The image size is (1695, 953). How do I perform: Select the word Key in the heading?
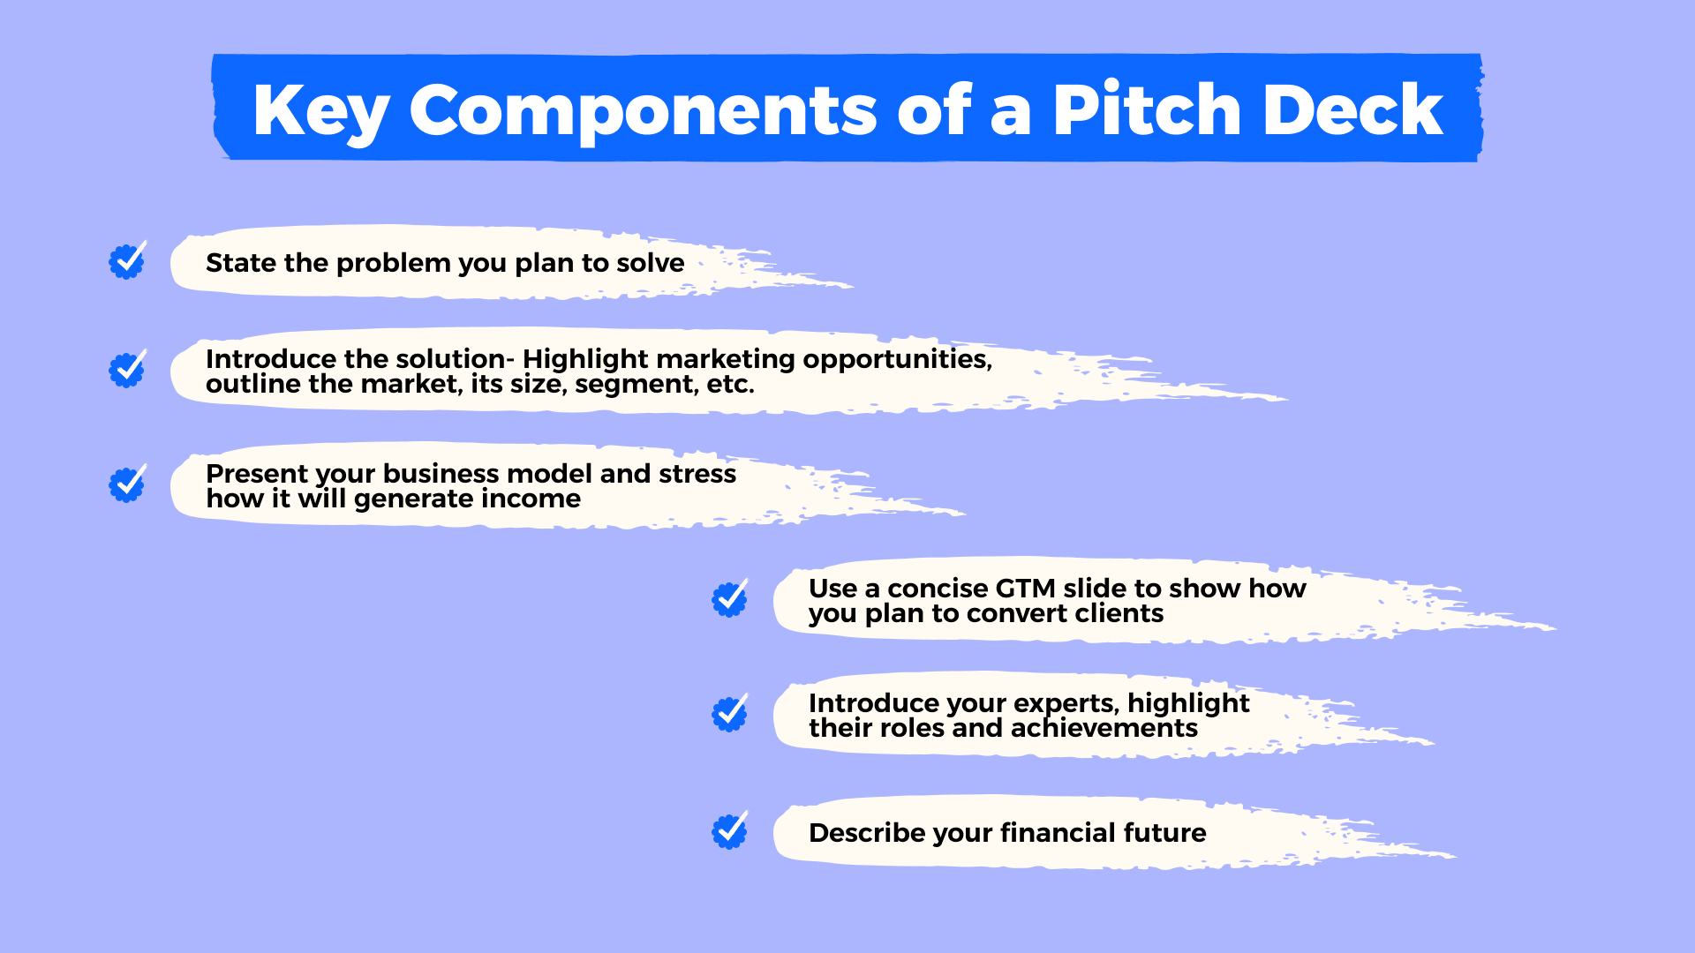(320, 110)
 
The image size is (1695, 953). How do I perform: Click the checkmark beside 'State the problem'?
(127, 261)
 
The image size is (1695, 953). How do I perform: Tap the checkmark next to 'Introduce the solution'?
(127, 370)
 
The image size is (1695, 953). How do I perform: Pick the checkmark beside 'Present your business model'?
(127, 484)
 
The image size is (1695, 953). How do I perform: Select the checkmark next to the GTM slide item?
(730, 599)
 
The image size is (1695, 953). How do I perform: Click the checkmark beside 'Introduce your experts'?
(730, 714)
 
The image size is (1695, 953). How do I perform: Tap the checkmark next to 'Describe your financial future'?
(730, 831)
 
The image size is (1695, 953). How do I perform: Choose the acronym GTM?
(1024, 589)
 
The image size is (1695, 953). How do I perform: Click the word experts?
(1066, 703)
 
